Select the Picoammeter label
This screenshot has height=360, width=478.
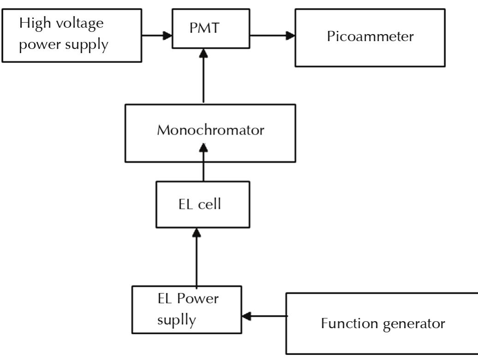coord(370,36)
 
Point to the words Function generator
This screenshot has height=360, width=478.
coord(383,324)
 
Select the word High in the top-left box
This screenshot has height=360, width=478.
coord(33,23)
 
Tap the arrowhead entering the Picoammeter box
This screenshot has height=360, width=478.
coord(290,35)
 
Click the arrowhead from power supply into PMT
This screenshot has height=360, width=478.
coord(167,35)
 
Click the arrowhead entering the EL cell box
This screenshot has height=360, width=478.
coord(197,233)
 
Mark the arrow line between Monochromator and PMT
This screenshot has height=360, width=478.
coord(203,78)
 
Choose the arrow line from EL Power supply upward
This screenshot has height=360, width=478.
coord(197,260)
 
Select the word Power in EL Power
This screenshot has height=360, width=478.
coord(199,299)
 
